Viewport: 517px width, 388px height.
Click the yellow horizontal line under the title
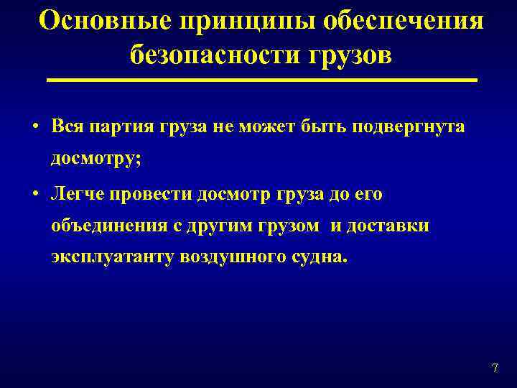click(x=262, y=80)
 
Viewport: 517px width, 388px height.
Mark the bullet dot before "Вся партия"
click(x=34, y=127)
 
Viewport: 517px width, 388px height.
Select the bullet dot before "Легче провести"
click(x=34, y=195)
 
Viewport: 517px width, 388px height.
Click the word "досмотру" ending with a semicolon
click(x=96, y=159)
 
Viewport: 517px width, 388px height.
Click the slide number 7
click(x=494, y=369)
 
